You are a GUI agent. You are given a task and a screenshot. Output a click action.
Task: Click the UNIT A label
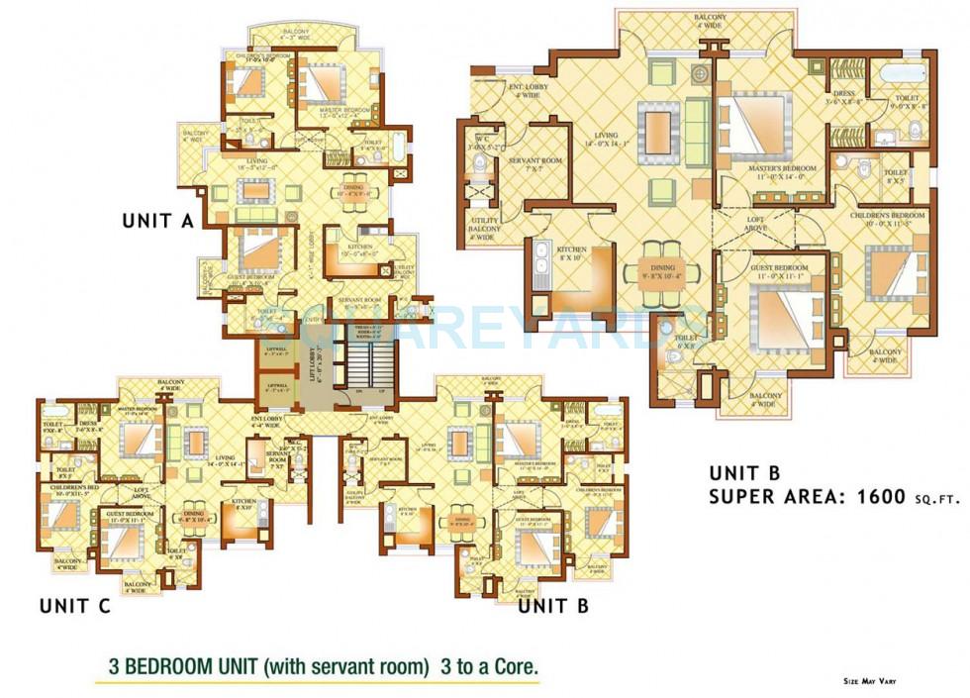(157, 221)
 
